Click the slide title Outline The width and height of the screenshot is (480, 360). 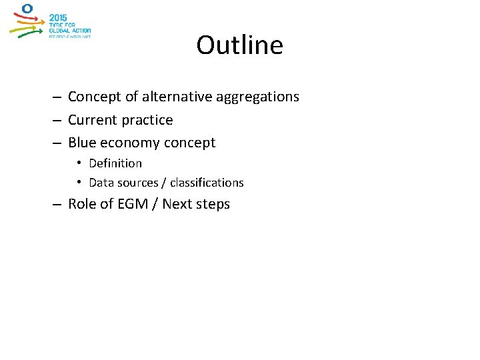tap(239, 45)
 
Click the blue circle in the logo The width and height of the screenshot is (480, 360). tap(27, 9)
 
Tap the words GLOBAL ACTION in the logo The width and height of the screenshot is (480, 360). tap(69, 31)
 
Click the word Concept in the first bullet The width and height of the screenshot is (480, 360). tap(95, 97)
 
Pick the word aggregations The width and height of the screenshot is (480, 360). tap(257, 97)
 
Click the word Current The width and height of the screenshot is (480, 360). tap(93, 120)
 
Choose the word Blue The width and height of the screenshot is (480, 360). tap(82, 143)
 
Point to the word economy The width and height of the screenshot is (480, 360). tap(129, 143)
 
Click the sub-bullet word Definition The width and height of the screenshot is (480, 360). tap(115, 163)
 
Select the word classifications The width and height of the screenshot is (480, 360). tap(209, 183)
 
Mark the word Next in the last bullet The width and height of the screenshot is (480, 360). tap(177, 204)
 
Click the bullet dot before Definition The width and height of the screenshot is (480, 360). tap(79, 163)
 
